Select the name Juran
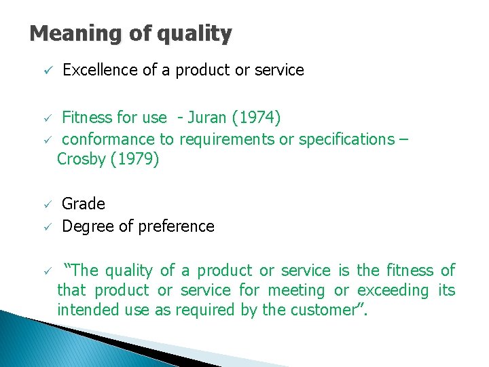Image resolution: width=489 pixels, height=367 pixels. click(206, 118)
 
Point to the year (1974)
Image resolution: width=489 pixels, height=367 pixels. click(256, 118)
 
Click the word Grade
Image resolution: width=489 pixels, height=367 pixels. click(84, 205)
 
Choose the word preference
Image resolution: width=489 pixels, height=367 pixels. click(175, 226)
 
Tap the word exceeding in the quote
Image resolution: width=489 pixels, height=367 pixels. click(393, 291)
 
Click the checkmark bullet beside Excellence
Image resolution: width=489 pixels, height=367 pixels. click(41, 71)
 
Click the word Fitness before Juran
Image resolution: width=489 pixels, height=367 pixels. click(88, 118)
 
